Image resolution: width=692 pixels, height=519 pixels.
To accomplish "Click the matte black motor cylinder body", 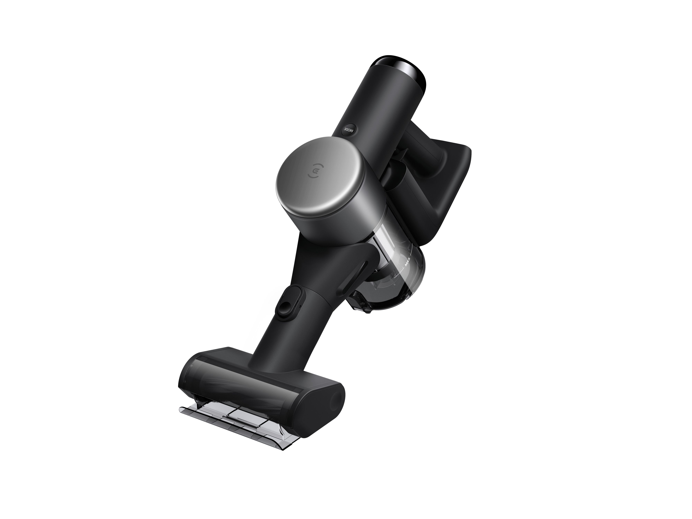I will point(375,103).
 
